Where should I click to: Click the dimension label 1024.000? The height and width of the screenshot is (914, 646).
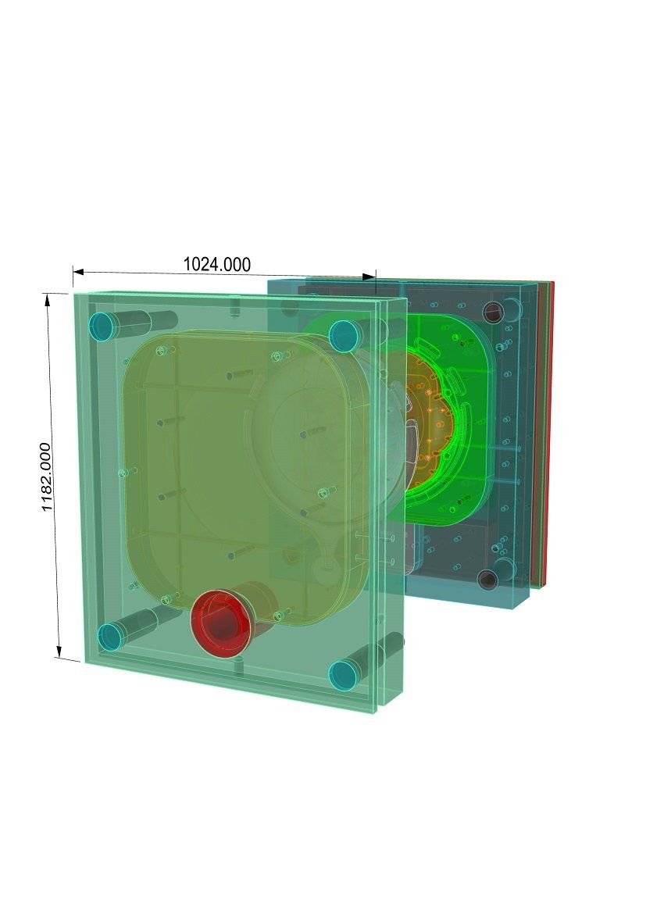pyautogui.click(x=217, y=264)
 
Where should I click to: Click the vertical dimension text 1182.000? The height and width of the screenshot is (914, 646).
pyautogui.click(x=47, y=477)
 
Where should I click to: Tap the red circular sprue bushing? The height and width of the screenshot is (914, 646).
pyautogui.click(x=221, y=623)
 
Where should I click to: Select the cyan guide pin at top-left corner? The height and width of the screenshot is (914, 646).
pyautogui.click(x=102, y=327)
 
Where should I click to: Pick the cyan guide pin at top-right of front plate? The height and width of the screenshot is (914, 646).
pyautogui.click(x=344, y=336)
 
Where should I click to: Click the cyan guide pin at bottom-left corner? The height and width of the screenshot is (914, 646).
pyautogui.click(x=110, y=637)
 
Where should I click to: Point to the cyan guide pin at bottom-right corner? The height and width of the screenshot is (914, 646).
pyautogui.click(x=344, y=674)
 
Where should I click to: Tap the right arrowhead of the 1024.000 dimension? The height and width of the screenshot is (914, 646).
pyautogui.click(x=369, y=277)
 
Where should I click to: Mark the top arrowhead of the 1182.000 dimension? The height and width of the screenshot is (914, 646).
pyautogui.click(x=48, y=299)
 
